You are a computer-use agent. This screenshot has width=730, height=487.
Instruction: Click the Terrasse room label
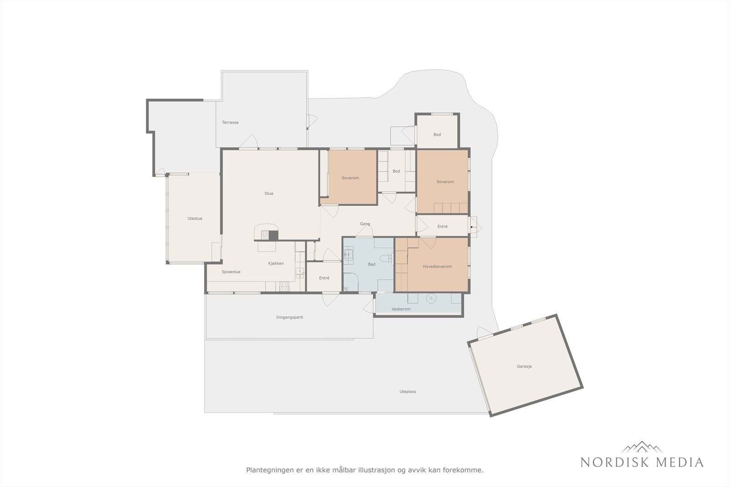230,123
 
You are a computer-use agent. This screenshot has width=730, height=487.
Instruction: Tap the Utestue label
195,219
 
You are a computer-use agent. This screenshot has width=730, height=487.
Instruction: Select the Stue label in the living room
269,194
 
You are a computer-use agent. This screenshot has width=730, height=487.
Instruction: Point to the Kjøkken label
276,263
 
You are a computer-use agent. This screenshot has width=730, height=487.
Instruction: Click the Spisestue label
231,272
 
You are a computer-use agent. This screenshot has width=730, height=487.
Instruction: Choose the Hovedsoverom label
438,266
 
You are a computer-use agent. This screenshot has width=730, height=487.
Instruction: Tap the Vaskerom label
401,309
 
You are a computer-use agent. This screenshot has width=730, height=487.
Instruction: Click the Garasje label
524,367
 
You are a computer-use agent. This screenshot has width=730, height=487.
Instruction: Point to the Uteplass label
408,392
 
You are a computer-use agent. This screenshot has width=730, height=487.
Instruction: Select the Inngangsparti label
290,317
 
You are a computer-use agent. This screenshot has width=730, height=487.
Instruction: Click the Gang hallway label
365,224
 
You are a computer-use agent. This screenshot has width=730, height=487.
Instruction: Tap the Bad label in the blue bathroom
371,264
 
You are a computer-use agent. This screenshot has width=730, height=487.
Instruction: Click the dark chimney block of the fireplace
273,236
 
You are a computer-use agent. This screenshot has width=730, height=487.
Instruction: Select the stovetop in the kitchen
284,287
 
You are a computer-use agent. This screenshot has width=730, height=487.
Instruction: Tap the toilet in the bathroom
386,258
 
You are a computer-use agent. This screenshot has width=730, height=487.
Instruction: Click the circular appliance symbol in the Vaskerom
431,298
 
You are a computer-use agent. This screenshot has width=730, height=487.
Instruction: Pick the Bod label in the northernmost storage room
437,135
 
